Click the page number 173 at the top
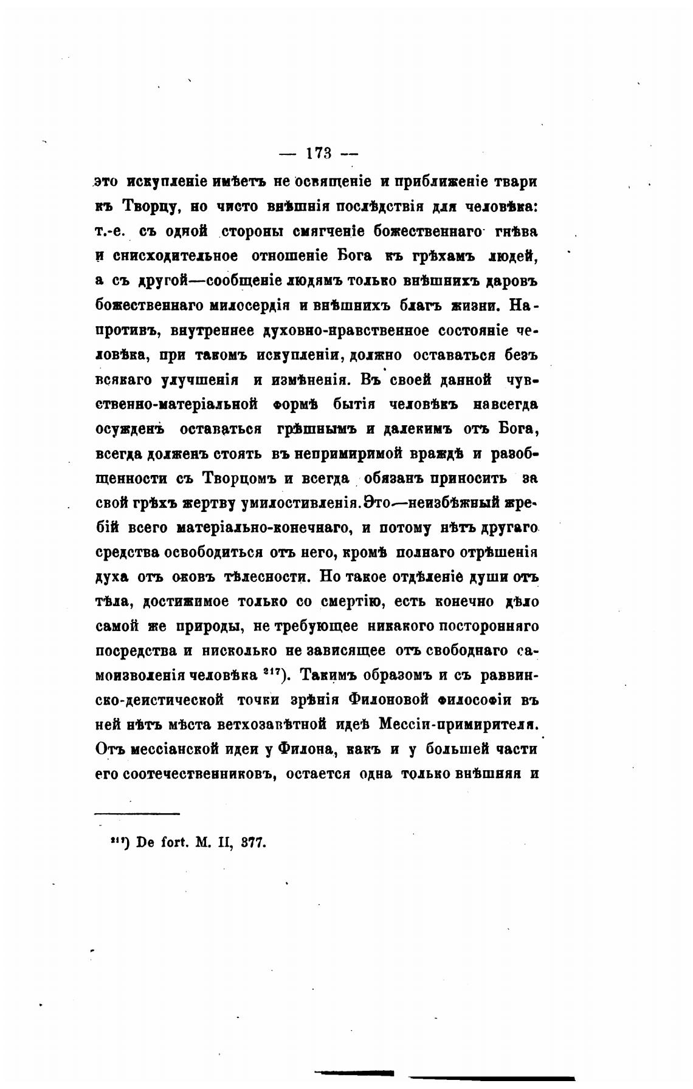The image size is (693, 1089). click(x=319, y=154)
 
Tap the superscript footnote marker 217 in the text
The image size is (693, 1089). click(x=273, y=672)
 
